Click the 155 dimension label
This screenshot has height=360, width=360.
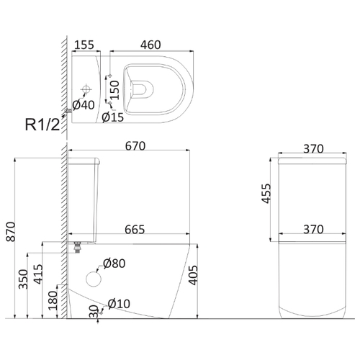[84, 45]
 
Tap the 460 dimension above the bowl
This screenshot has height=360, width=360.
[150, 45]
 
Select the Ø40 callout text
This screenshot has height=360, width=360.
[84, 105]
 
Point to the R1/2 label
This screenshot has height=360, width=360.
[42, 125]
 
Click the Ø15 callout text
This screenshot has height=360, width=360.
[113, 117]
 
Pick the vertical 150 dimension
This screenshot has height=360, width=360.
[114, 90]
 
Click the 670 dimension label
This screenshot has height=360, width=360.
[135, 146]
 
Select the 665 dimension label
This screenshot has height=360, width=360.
[135, 230]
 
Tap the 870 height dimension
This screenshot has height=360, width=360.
[11, 232]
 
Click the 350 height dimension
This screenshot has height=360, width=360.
[24, 279]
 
